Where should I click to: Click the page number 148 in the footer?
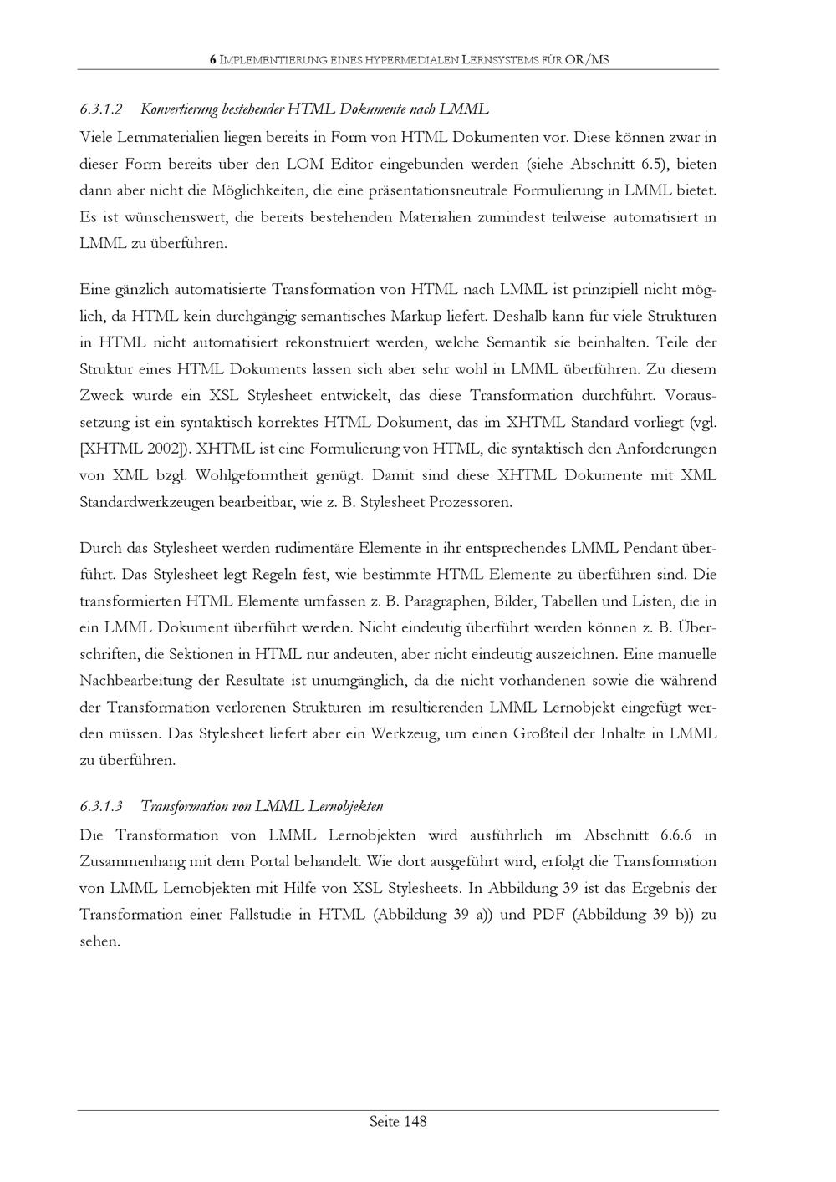tap(415, 1122)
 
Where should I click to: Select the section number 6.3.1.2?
tap(101, 109)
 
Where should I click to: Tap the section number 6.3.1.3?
tap(101, 807)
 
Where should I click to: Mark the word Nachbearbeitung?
tap(140, 681)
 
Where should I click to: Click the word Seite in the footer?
tap(385, 1122)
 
